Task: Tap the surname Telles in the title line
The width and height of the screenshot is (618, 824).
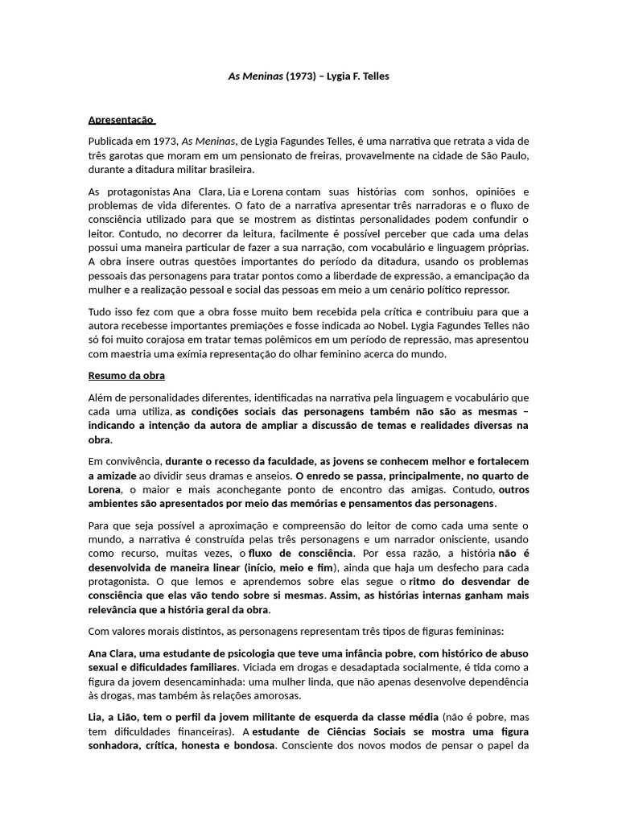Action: (373, 76)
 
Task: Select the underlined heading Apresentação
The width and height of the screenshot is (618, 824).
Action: (122, 120)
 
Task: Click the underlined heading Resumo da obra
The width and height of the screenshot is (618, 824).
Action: (126, 375)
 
